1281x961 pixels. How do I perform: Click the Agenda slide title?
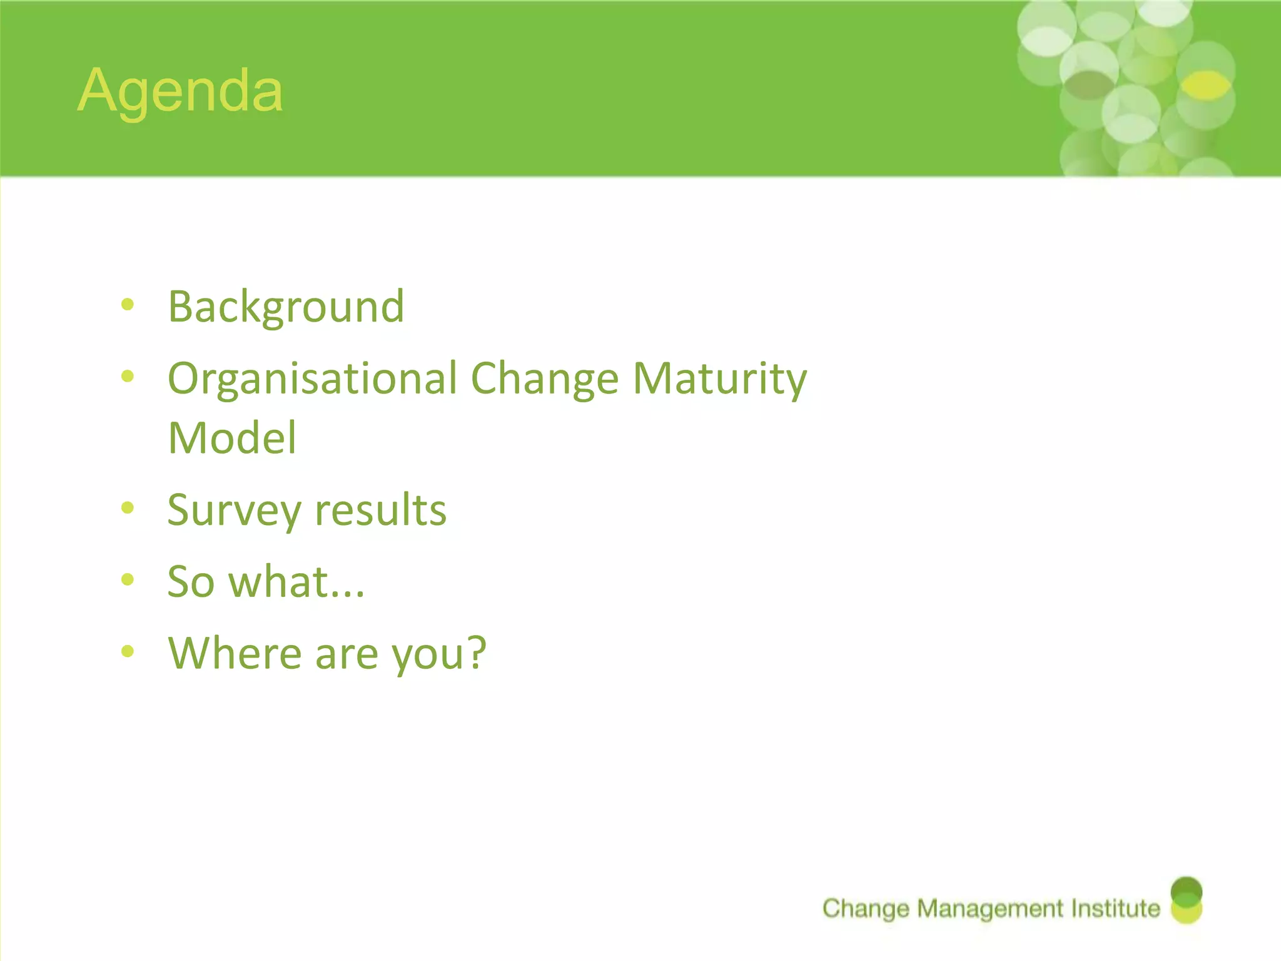pyautogui.click(x=180, y=91)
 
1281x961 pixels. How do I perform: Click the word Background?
pyautogui.click(x=286, y=307)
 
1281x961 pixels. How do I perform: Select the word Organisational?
pyautogui.click(x=313, y=379)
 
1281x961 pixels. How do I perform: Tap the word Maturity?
pyautogui.click(x=719, y=379)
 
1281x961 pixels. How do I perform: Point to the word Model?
pyautogui.click(x=232, y=438)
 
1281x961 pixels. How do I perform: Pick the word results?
pyautogui.click(x=381, y=509)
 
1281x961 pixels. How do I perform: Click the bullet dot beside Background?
pyautogui.click(x=128, y=305)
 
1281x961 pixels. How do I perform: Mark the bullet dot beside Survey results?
pyautogui.click(x=128, y=507)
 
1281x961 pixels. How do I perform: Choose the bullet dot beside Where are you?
pyautogui.click(x=128, y=651)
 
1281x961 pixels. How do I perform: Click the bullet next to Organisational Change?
pyautogui.click(x=128, y=376)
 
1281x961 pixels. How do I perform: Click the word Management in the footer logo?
pyautogui.click(x=990, y=908)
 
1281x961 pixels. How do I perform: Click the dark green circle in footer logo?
pyautogui.click(x=1186, y=888)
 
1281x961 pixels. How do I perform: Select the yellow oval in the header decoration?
pyautogui.click(x=1207, y=86)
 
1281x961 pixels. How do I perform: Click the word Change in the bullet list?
pyautogui.click(x=544, y=379)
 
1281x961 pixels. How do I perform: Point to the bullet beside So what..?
pyautogui.click(x=128, y=580)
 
